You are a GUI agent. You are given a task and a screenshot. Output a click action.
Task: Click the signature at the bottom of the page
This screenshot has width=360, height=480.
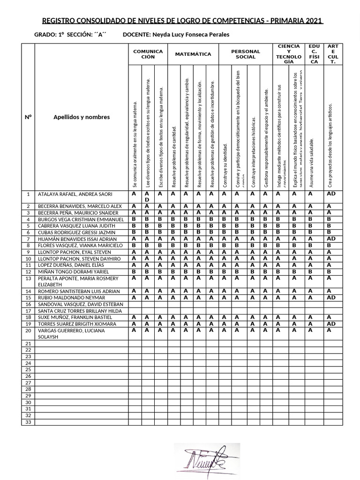click(x=207, y=459)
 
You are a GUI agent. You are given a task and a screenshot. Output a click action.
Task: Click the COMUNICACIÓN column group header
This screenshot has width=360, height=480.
click(x=148, y=54)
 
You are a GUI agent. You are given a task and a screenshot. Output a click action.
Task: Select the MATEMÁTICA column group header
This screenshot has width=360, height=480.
click(x=193, y=54)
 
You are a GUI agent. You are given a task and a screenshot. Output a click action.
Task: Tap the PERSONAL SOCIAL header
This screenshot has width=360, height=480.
click(x=246, y=54)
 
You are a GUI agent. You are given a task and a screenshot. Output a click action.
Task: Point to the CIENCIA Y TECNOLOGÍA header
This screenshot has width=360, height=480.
click(x=289, y=54)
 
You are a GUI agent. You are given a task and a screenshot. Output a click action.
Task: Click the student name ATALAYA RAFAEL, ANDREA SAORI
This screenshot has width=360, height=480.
click(x=75, y=194)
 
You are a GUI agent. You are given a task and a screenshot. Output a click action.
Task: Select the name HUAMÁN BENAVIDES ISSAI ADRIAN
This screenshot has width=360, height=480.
click(x=77, y=239)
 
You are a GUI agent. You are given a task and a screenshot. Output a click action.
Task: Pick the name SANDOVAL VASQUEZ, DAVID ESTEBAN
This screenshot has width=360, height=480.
click(x=80, y=304)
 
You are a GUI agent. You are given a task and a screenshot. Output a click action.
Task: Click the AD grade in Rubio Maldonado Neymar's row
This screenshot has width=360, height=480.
click(x=331, y=298)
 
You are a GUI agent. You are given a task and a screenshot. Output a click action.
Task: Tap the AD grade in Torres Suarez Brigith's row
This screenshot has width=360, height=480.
click(x=331, y=324)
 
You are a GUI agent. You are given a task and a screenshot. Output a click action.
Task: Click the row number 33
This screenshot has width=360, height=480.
click(x=28, y=422)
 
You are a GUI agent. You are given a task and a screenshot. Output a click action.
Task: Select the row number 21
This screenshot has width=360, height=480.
click(x=28, y=344)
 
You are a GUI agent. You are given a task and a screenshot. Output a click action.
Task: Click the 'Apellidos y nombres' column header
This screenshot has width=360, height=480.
click(x=82, y=117)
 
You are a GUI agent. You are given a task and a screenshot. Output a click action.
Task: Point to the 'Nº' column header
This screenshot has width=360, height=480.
click(x=28, y=117)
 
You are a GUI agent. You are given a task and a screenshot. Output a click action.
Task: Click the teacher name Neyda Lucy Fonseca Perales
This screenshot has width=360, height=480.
click(x=184, y=35)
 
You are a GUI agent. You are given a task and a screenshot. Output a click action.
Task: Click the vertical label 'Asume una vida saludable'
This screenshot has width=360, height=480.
click(x=311, y=163)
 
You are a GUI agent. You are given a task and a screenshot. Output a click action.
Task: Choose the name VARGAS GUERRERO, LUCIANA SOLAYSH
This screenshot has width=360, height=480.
click(x=71, y=334)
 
